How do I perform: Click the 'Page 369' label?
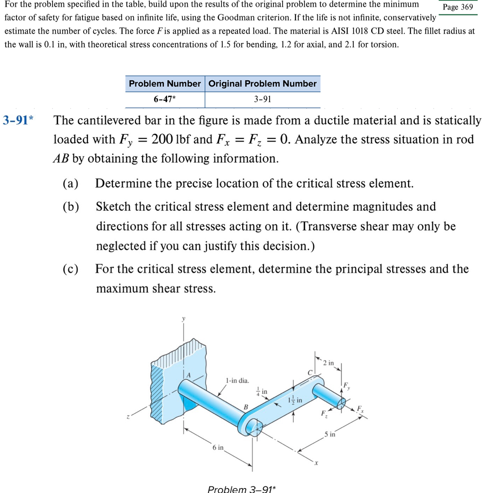click(x=458, y=7)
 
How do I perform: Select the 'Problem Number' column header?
click(x=165, y=84)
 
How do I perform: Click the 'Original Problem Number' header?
click(x=262, y=84)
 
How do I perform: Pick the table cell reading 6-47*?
click(x=165, y=99)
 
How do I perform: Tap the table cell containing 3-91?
click(x=262, y=99)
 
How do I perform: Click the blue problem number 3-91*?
click(x=18, y=120)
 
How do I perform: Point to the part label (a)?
click(x=71, y=183)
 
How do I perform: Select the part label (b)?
click(x=71, y=207)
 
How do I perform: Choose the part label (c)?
click(x=71, y=269)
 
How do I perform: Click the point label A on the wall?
click(x=188, y=375)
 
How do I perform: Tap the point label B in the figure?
click(x=246, y=407)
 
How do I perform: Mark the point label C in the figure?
click(x=310, y=373)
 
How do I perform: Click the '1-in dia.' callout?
click(x=237, y=381)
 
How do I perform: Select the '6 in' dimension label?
click(x=218, y=447)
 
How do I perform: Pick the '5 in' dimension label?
click(x=330, y=434)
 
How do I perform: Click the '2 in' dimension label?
click(x=328, y=363)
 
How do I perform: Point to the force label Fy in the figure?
click(x=346, y=386)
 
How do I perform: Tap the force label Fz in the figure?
click(x=324, y=414)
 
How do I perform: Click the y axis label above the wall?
click(x=183, y=318)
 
